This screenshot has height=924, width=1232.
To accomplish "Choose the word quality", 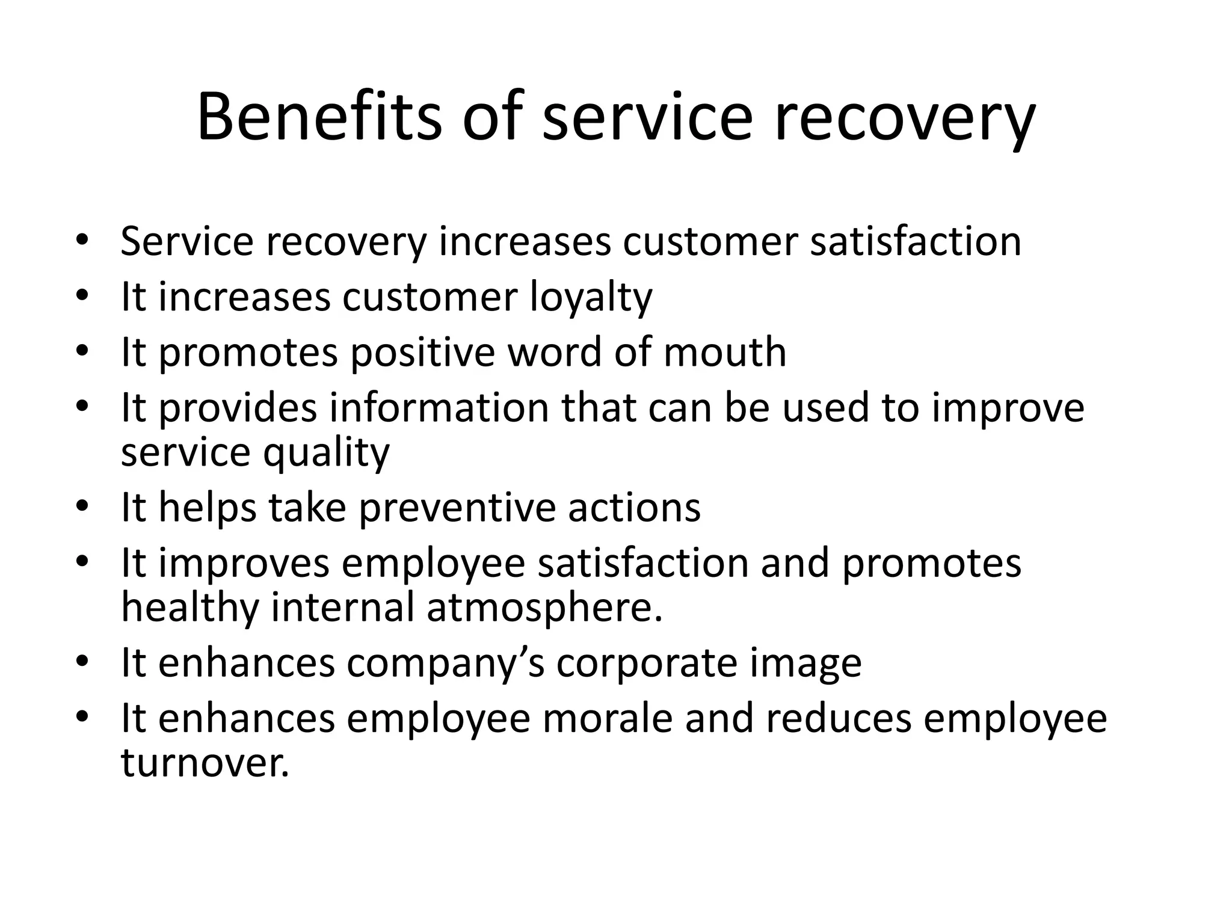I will pos(326,452).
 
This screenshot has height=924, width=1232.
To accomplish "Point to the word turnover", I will pos(205,763).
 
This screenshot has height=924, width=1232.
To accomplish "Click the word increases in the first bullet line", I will pos(525,242).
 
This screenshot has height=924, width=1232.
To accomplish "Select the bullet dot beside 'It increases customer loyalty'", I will pos(82,295).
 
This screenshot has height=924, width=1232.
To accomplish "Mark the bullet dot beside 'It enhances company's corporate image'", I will pos(82,661).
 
